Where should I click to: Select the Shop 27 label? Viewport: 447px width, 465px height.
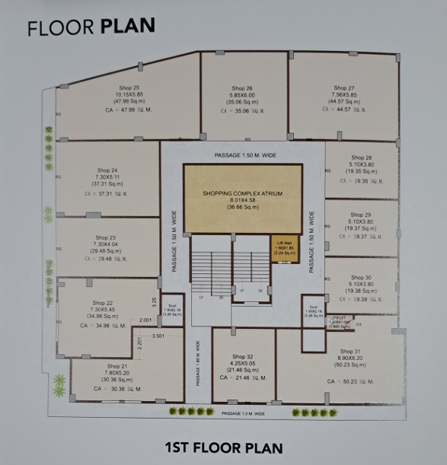[344, 88]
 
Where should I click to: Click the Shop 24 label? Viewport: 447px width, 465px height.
[107, 170]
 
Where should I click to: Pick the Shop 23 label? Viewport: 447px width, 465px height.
[107, 237]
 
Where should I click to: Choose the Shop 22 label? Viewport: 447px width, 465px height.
[103, 303]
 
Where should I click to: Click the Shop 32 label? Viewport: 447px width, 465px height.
[244, 356]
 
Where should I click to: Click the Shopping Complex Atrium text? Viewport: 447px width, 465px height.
[242, 193]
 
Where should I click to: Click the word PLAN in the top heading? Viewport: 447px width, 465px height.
[127, 27]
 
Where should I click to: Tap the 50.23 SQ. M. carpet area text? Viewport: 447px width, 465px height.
[350, 381]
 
